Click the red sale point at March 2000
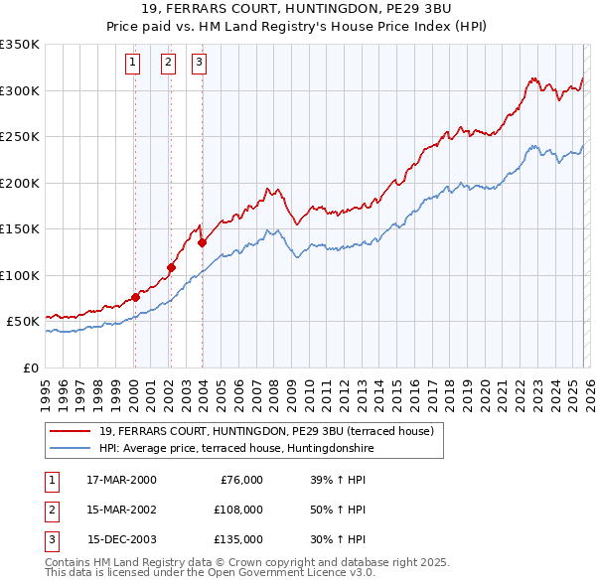click(135, 297)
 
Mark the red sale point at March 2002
click(171, 267)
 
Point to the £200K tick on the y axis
click(20, 183)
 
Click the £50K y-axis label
click(23, 322)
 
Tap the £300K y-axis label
click(20, 90)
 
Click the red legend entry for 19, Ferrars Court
click(266, 431)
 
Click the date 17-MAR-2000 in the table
click(121, 480)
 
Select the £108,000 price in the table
click(237, 510)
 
